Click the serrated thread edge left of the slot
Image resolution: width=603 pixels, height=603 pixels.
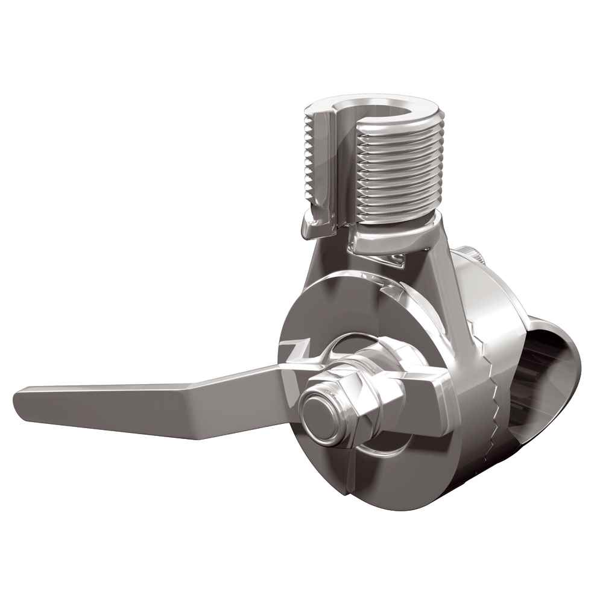click(314, 163)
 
